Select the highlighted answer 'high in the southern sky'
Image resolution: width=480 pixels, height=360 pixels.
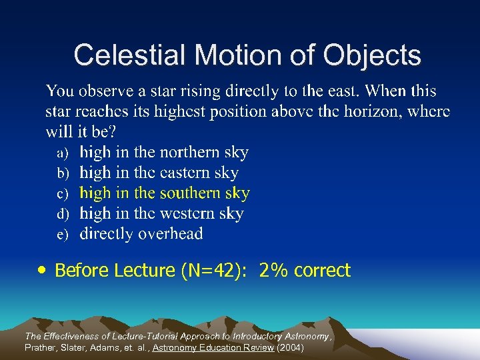[165, 193]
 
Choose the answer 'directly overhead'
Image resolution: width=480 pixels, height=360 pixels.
[141, 234]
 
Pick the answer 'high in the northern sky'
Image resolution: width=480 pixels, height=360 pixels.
[164, 152]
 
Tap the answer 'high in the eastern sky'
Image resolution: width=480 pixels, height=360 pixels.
[159, 173]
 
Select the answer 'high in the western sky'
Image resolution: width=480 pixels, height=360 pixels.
[161, 213]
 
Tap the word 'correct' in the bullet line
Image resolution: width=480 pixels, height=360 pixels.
[322, 271]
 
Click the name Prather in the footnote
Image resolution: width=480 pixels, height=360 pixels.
[41, 348]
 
